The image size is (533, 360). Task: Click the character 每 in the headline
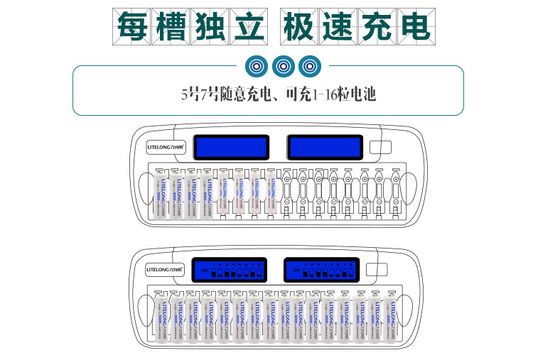[x=132, y=26]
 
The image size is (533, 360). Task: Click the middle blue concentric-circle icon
[x=282, y=67]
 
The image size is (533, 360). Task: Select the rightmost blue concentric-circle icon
[x=308, y=67]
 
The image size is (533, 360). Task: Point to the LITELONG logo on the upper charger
[x=165, y=148]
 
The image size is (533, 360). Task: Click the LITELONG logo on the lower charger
[x=165, y=270]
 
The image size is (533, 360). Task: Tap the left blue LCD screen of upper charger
[x=233, y=147]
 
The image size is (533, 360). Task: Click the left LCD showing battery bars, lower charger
[x=233, y=269]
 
